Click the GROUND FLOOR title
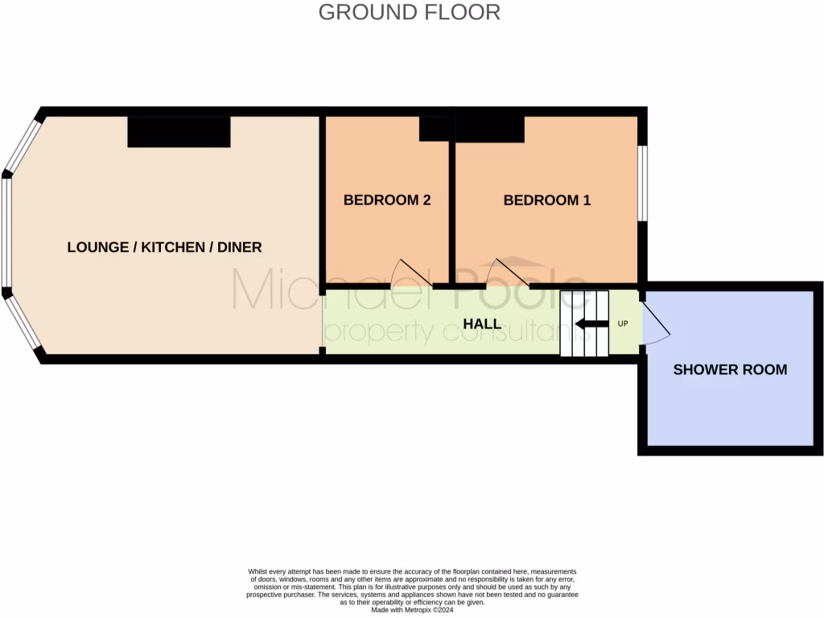point(409,12)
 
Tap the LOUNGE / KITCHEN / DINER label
point(164,247)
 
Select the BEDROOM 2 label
point(387,200)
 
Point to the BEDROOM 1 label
point(547,200)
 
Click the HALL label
point(482,324)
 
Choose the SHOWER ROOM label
point(730,370)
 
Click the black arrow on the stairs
point(591,324)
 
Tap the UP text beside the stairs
point(622,324)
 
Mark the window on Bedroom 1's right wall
point(643,183)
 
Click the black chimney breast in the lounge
point(179,132)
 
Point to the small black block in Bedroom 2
point(435,129)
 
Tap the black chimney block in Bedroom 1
point(490,130)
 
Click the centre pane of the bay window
point(6,232)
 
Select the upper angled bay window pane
point(23,146)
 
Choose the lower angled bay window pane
point(23,323)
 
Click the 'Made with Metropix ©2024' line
point(412,609)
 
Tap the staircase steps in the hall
point(584,324)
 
